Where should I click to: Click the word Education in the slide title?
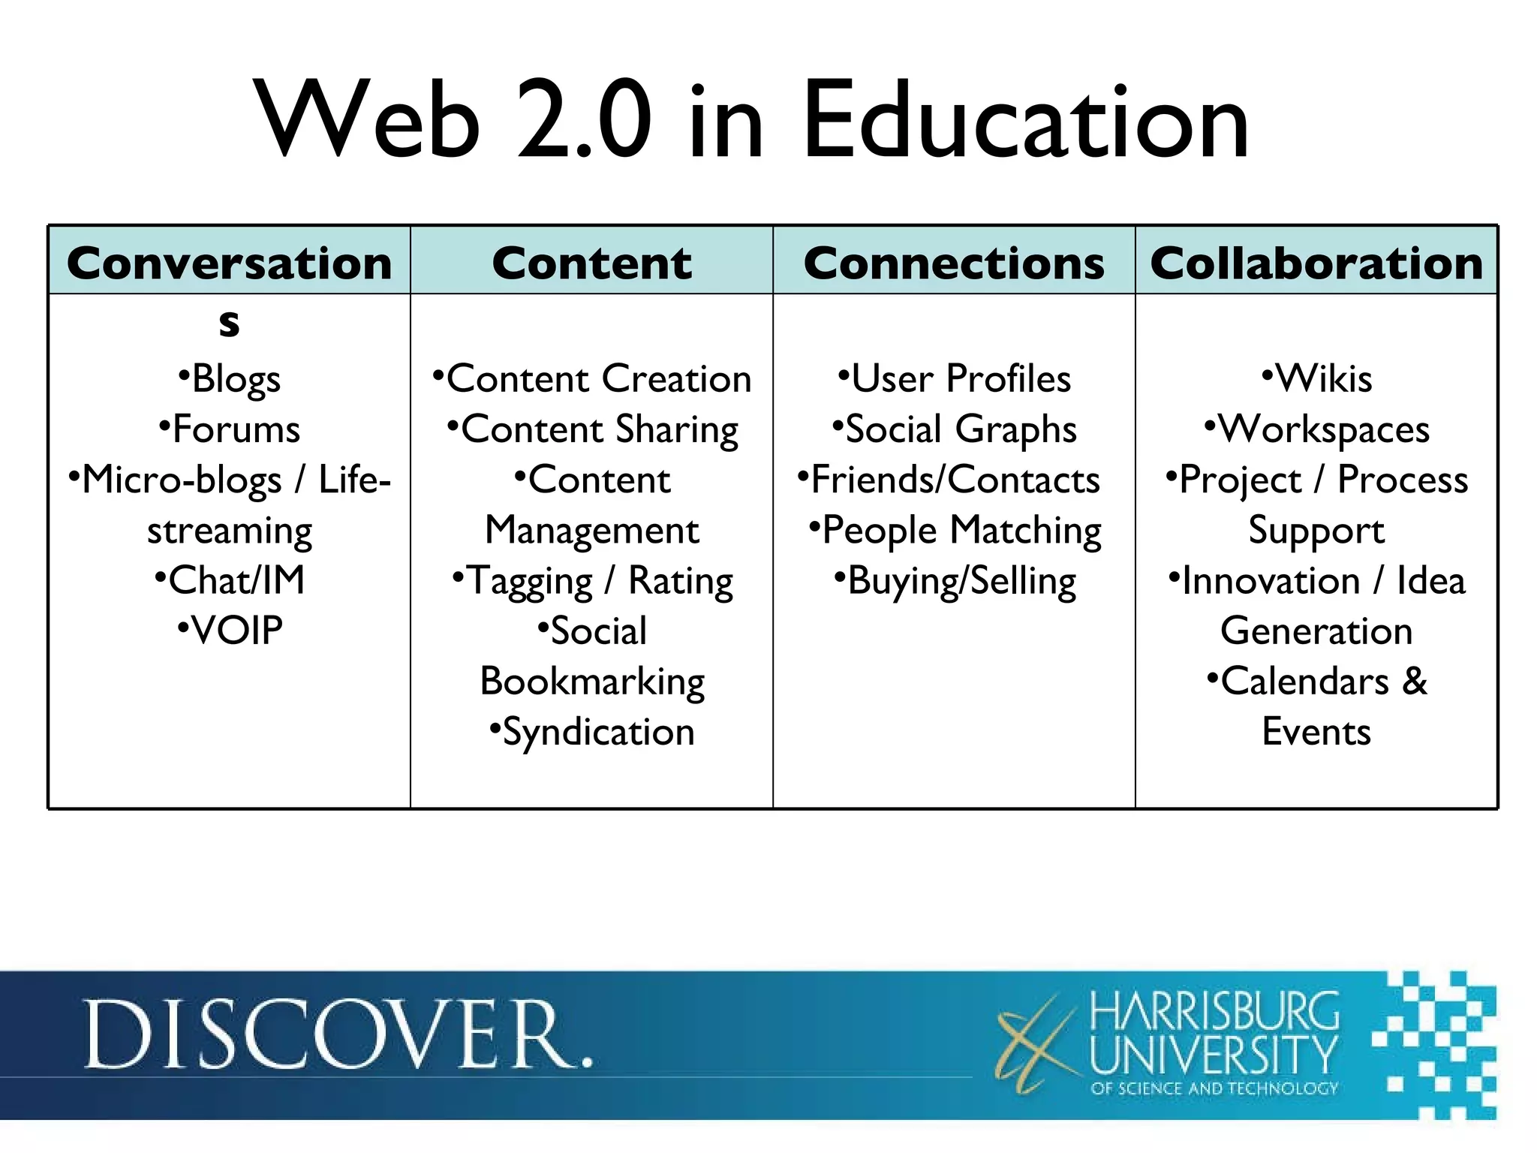pos(1025,122)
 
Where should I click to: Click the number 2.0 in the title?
pos(584,122)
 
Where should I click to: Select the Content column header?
pos(591,263)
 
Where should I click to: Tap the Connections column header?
pos(954,263)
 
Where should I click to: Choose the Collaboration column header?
pos(1316,263)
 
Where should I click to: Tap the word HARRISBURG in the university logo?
pos(1214,1012)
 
